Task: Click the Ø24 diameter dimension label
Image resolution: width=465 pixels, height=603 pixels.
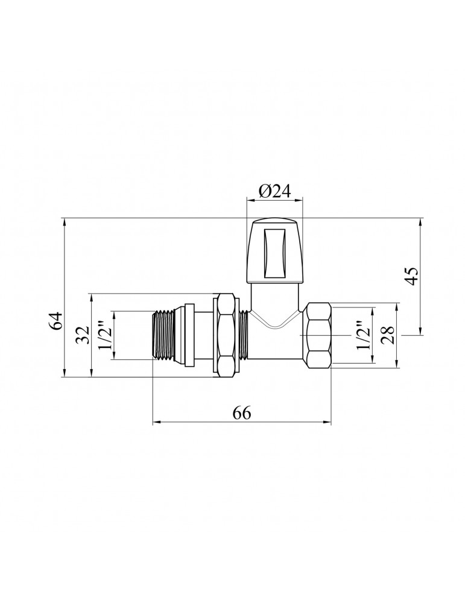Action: tap(274, 191)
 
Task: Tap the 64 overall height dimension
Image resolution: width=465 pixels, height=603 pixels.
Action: tap(56, 320)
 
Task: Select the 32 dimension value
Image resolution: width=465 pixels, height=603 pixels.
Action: tap(83, 335)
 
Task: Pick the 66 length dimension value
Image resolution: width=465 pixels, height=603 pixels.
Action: tap(242, 414)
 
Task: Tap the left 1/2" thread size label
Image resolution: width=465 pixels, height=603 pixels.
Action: tap(106, 335)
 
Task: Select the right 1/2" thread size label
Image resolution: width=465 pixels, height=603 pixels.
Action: tap(364, 335)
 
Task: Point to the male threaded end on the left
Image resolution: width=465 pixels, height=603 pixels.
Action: tap(163, 335)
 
